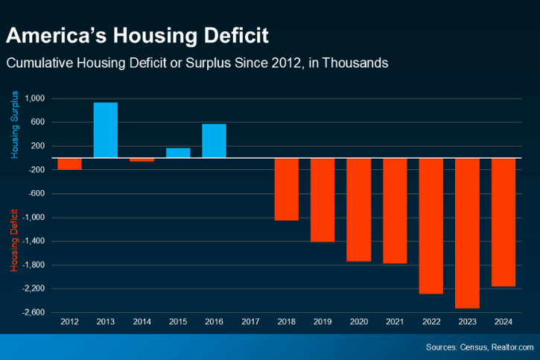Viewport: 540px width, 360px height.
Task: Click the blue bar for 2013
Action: (105, 130)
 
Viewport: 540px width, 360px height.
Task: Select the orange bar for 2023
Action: (468, 233)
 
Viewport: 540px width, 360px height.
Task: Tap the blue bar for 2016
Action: (214, 141)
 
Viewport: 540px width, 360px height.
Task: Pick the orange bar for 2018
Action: (287, 189)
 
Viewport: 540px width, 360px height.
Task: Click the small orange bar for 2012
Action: (69, 163)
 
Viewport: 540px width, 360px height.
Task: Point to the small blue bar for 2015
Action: (177, 153)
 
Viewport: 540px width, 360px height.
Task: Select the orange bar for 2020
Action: (359, 209)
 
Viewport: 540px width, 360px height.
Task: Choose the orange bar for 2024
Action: (504, 222)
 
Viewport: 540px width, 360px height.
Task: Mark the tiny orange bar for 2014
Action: (142, 160)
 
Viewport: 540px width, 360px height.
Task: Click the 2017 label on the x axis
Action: (250, 322)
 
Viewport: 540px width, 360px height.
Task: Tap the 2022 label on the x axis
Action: (431, 322)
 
